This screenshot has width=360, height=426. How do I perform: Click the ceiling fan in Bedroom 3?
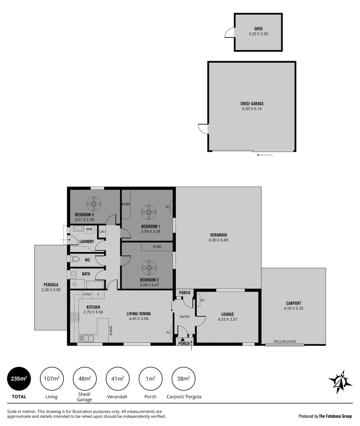coord(95,204)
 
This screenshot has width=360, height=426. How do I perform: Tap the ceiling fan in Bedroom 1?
coord(149,212)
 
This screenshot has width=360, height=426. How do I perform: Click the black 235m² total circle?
coord(19,379)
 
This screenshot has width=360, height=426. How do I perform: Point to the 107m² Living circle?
coord(52,379)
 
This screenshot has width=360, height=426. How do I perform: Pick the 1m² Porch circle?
coord(151,379)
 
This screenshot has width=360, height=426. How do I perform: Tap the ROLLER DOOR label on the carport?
coord(285,342)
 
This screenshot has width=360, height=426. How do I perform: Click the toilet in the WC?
coord(75,259)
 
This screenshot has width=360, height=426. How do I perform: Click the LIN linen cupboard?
coord(102,232)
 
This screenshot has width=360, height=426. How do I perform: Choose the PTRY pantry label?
coord(87,294)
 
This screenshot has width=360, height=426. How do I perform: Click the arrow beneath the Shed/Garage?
coord(265,155)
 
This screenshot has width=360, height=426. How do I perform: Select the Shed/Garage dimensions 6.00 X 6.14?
coord(252,108)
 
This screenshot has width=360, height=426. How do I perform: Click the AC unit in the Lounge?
coord(198,300)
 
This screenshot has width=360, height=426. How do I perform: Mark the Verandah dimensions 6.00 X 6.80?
coord(218,240)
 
